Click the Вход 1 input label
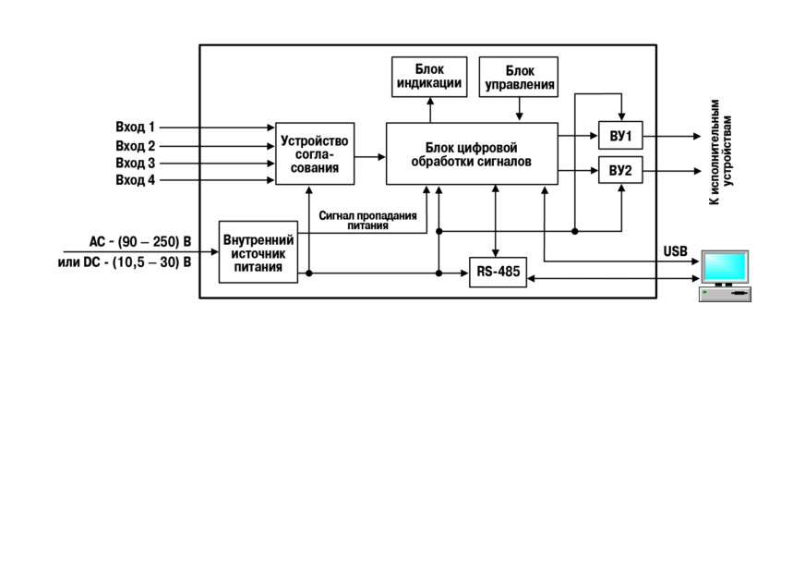click(135, 127)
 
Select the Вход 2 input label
click(135, 146)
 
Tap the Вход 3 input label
click(135, 163)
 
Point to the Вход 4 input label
click(135, 180)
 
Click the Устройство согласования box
click(315, 153)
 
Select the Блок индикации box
click(429, 77)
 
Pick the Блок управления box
click(519, 77)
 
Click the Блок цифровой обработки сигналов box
click(472, 153)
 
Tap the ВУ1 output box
click(620, 136)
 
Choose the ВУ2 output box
click(620, 170)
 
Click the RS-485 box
click(498, 272)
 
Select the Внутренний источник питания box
click(258, 252)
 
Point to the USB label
click(675, 251)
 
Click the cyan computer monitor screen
click(725, 266)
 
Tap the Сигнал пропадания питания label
click(367, 221)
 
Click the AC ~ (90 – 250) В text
click(140, 241)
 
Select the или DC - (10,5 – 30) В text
click(125, 262)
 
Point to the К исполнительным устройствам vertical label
click(721, 152)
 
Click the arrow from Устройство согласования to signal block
click(369, 157)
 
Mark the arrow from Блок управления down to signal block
click(519, 109)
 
